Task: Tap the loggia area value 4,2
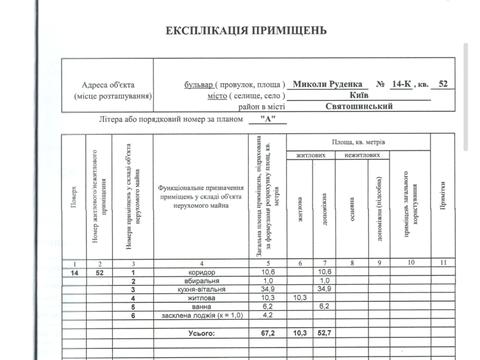(268, 317)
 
